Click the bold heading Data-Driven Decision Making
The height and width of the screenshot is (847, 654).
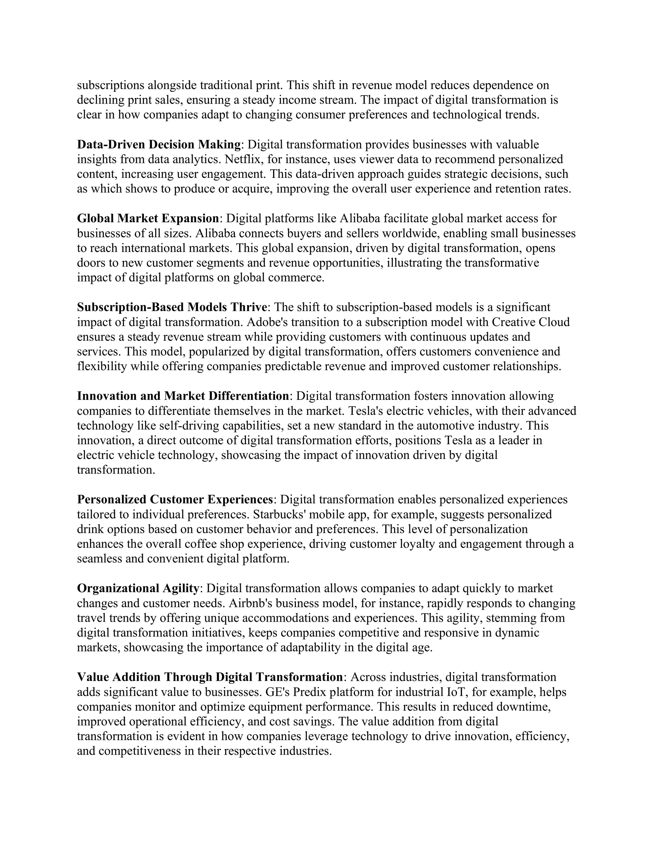159,145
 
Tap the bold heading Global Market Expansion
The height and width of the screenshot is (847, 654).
148,219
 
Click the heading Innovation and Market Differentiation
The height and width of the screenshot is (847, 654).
183,396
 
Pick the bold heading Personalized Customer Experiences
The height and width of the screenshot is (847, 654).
175,500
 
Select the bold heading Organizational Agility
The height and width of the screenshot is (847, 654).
138,588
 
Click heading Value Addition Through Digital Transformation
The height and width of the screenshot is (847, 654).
209,677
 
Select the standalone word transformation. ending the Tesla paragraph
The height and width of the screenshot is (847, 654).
116,470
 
